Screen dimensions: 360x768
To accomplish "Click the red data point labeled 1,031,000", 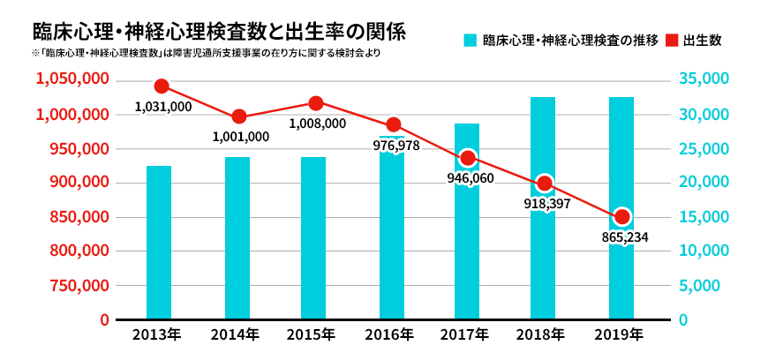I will (x=162, y=86).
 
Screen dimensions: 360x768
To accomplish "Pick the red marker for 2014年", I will (x=238, y=116).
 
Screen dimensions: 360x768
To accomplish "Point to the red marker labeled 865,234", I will (x=622, y=216).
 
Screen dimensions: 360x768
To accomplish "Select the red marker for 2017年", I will (x=468, y=158).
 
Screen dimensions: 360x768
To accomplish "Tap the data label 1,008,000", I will (x=317, y=124).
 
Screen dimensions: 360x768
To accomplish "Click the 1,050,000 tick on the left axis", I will (x=72, y=79).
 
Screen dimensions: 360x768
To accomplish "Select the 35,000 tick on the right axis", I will (x=704, y=79).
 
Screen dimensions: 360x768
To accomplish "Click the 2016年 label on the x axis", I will (x=389, y=335).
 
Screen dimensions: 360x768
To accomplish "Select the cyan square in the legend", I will (x=471, y=41).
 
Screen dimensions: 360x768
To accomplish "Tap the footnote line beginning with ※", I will (x=194, y=55).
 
